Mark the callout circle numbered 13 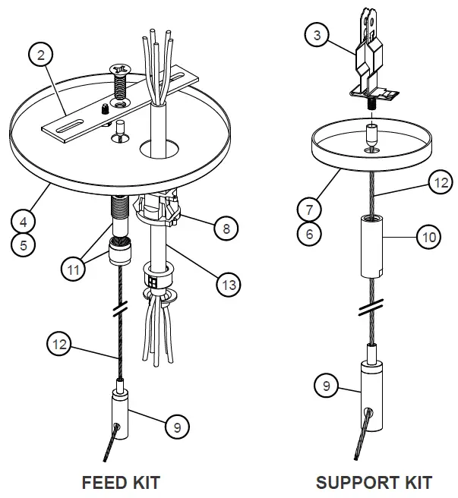227,285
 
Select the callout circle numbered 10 429,238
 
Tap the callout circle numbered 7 308,208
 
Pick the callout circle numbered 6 308,234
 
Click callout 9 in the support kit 326,386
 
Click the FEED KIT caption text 121,481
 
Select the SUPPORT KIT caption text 374,481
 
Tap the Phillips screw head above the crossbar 120,73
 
